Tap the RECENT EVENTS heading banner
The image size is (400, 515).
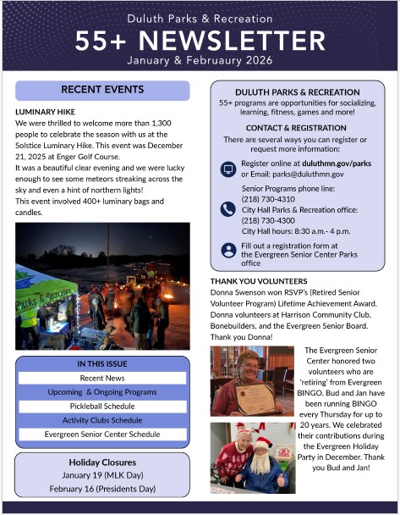point(103,90)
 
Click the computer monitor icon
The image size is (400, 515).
point(227,169)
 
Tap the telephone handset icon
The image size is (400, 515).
point(227,209)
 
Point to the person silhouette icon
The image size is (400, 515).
point(227,249)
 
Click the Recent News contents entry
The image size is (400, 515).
point(103,378)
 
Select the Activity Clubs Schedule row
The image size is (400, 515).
point(103,420)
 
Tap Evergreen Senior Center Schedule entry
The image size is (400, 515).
point(103,435)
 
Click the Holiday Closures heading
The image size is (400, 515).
point(102,462)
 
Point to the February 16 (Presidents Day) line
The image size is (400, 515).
point(102,489)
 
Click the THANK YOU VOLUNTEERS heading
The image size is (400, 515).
point(259,281)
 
